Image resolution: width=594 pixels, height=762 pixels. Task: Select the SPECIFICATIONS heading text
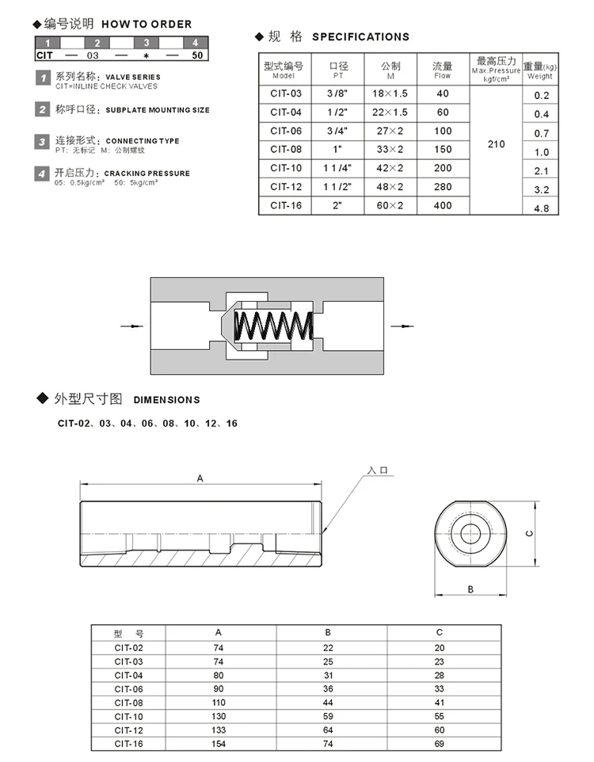click(x=360, y=36)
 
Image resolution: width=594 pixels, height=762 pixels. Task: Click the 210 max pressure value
click(x=496, y=145)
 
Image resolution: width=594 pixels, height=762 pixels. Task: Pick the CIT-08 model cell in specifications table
click(x=285, y=150)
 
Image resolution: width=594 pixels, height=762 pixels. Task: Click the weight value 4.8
click(x=542, y=209)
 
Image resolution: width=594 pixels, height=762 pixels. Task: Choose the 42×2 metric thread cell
click(x=390, y=168)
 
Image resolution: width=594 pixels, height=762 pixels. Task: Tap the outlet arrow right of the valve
click(x=402, y=326)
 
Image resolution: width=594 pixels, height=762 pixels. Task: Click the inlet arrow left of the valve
click(x=129, y=326)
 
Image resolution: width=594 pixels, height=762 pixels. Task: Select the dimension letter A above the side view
click(x=200, y=478)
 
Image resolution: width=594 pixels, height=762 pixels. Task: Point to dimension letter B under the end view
click(x=470, y=589)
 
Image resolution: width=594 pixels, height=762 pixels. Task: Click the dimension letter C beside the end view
click(x=529, y=533)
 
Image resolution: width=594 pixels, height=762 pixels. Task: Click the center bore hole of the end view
click(x=470, y=532)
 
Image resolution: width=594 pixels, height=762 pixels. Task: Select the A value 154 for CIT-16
click(x=219, y=744)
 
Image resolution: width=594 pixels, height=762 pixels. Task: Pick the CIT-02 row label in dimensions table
click(x=128, y=647)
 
